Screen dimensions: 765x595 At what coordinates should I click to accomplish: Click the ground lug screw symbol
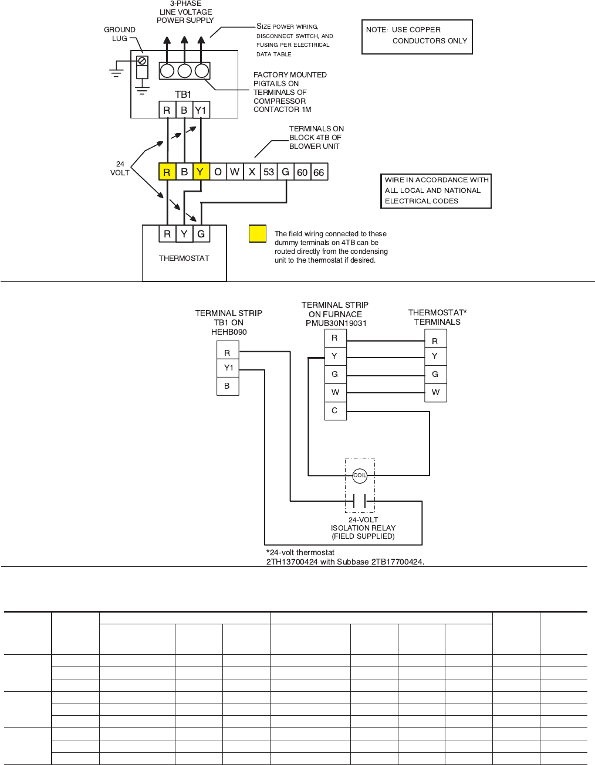click(141, 60)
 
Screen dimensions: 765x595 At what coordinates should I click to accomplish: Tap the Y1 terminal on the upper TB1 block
click(201, 110)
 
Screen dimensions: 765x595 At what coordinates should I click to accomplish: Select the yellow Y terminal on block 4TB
click(201, 172)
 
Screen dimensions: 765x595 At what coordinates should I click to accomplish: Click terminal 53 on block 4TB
click(269, 172)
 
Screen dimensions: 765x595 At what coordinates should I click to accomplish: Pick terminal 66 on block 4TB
click(319, 172)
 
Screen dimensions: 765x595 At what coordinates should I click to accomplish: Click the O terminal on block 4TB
click(218, 172)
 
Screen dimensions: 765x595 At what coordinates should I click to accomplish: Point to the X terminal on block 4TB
click(252, 172)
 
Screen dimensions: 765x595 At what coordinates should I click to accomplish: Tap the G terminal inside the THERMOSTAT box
click(201, 234)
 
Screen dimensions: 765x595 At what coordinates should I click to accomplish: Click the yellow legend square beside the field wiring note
click(258, 234)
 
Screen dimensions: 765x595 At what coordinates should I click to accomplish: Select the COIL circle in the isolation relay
click(360, 475)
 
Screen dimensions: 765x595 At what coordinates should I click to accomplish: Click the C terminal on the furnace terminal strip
click(335, 410)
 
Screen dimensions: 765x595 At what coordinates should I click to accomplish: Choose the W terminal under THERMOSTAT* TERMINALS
click(435, 392)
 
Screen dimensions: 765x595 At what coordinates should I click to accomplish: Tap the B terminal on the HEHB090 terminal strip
click(227, 386)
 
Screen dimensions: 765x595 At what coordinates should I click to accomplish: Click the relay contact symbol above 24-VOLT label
click(360, 501)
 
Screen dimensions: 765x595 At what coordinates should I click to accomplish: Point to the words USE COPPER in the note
click(416, 30)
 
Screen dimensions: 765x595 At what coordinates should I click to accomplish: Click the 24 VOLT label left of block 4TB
click(120, 168)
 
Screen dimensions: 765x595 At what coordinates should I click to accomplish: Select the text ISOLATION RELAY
click(363, 528)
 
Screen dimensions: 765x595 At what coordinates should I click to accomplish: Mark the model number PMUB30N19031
click(336, 323)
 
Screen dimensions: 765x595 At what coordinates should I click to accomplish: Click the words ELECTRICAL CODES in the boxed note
click(421, 201)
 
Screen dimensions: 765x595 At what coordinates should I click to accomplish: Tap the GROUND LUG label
click(120, 34)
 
